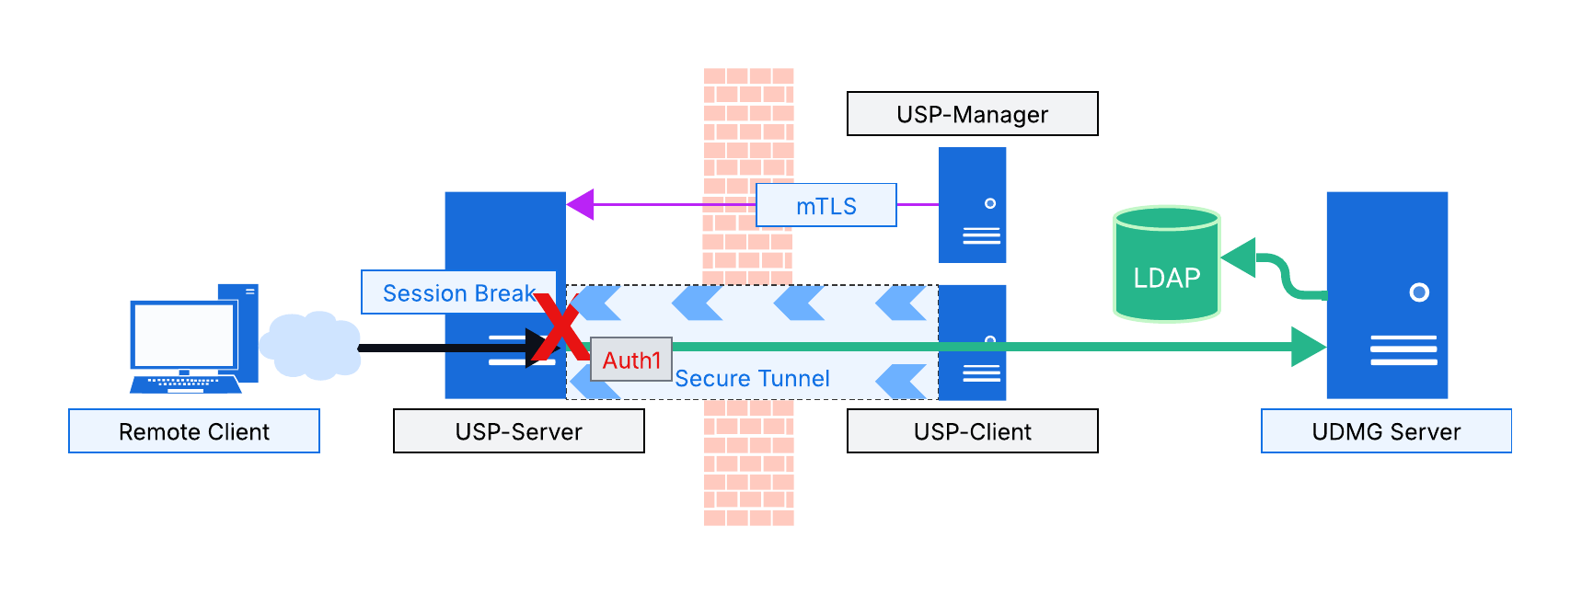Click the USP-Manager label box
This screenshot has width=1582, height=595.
[972, 114]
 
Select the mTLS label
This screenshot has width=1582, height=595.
[826, 205]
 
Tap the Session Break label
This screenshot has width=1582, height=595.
[458, 292]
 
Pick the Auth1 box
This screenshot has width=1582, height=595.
[631, 360]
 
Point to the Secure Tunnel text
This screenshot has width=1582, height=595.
[752, 379]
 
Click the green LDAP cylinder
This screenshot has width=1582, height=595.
[1166, 267]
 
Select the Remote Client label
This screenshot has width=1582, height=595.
[194, 431]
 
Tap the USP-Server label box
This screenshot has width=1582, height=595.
[518, 431]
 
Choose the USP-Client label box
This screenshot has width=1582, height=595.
[972, 431]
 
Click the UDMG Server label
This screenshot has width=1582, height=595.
[1386, 431]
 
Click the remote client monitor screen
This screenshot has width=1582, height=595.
[183, 335]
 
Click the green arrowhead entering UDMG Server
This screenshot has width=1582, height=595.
[1308, 347]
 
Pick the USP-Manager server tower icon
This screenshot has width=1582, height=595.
[972, 205]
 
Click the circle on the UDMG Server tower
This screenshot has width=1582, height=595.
[1419, 292]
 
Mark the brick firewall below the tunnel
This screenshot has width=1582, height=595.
[748, 464]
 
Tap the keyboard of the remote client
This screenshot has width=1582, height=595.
[185, 382]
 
